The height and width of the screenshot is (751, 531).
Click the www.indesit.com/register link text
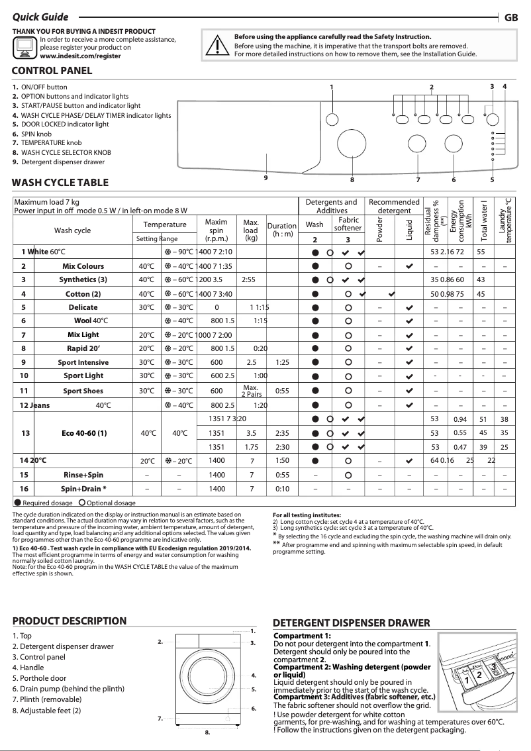pyautogui.click(x=80, y=57)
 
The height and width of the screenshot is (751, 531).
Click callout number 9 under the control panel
pyautogui.click(x=265, y=177)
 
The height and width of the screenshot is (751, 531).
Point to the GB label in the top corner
pyautogui.click(x=511, y=17)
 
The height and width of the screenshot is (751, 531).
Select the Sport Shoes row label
pyautogui.click(x=83, y=391)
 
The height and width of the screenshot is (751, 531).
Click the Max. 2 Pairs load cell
pyautogui.click(x=250, y=391)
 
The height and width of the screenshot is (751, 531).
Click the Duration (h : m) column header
pyautogui.click(x=281, y=230)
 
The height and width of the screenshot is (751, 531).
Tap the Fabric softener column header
pyautogui.click(x=348, y=224)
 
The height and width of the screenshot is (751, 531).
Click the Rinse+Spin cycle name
pyautogui.click(x=83, y=475)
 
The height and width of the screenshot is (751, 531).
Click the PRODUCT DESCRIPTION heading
pyautogui.click(x=70, y=621)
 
